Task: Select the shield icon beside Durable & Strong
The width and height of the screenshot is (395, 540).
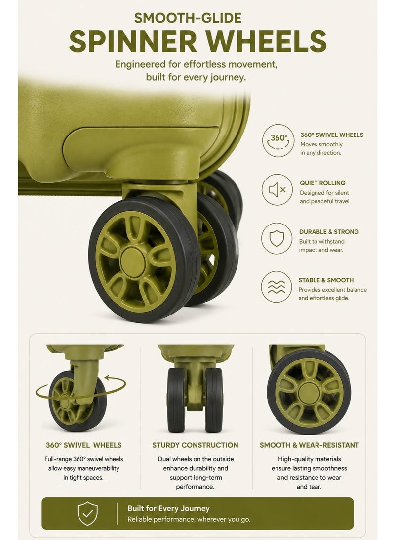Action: click(x=276, y=239)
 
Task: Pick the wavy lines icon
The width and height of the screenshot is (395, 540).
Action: click(x=276, y=287)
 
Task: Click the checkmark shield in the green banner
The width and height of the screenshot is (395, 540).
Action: click(x=87, y=513)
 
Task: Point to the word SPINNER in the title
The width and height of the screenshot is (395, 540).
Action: click(x=133, y=42)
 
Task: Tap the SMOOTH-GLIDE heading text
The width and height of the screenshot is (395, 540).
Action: click(x=188, y=18)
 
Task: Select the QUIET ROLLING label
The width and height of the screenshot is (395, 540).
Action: click(x=322, y=183)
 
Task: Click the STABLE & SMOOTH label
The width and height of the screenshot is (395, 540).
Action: click(x=326, y=280)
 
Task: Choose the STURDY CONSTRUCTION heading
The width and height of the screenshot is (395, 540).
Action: click(x=195, y=445)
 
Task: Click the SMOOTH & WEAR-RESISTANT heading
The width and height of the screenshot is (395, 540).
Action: click(x=309, y=445)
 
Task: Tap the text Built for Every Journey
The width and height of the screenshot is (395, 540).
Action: click(x=168, y=508)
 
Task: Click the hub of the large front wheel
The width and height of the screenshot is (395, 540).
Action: click(x=133, y=262)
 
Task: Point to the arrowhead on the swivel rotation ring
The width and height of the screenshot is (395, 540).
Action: click(x=107, y=378)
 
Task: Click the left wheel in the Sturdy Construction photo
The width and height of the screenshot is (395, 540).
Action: click(x=176, y=400)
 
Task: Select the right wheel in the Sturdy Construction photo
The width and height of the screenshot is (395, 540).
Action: click(x=214, y=400)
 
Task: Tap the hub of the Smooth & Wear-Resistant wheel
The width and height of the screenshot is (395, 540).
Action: click(x=309, y=394)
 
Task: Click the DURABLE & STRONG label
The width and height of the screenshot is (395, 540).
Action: click(x=329, y=232)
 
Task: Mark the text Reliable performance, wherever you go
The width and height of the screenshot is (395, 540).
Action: click(x=189, y=519)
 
